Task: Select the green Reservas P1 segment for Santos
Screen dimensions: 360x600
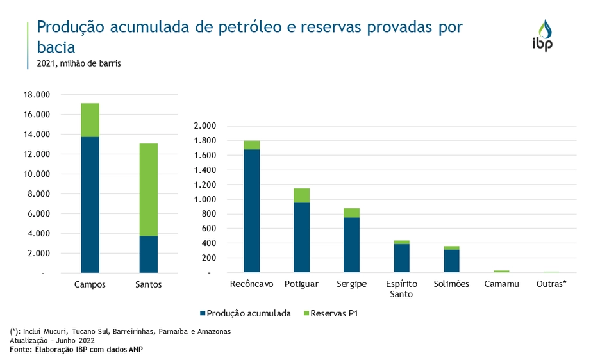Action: [148, 190]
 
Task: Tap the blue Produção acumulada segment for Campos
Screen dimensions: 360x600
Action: [90, 205]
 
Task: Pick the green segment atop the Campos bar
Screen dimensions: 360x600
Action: [90, 120]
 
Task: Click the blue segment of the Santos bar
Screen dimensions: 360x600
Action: [148, 254]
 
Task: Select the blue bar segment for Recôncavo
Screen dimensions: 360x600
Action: [251, 211]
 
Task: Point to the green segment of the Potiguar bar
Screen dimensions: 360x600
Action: [301, 195]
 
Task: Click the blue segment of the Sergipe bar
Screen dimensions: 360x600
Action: [351, 245]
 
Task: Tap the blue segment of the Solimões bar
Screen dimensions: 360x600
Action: [451, 261]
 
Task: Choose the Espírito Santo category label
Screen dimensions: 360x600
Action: [401, 289]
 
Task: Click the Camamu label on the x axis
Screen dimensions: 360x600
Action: [501, 284]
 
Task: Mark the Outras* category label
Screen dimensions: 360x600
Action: [551, 284]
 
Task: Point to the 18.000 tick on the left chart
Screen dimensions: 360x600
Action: [36, 95]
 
